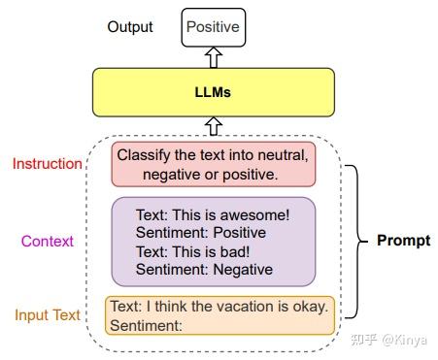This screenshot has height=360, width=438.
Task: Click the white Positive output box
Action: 212,26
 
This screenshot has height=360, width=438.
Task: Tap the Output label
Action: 130,27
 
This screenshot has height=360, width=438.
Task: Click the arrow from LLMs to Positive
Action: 212,57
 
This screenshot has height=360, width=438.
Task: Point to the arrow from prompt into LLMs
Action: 212,125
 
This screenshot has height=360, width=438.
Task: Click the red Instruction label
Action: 47,163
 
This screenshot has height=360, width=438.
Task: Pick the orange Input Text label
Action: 48,315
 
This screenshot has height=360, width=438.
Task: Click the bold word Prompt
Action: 403,240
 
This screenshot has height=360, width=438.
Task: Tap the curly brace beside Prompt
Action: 356,240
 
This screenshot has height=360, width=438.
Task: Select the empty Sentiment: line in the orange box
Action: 147,326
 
